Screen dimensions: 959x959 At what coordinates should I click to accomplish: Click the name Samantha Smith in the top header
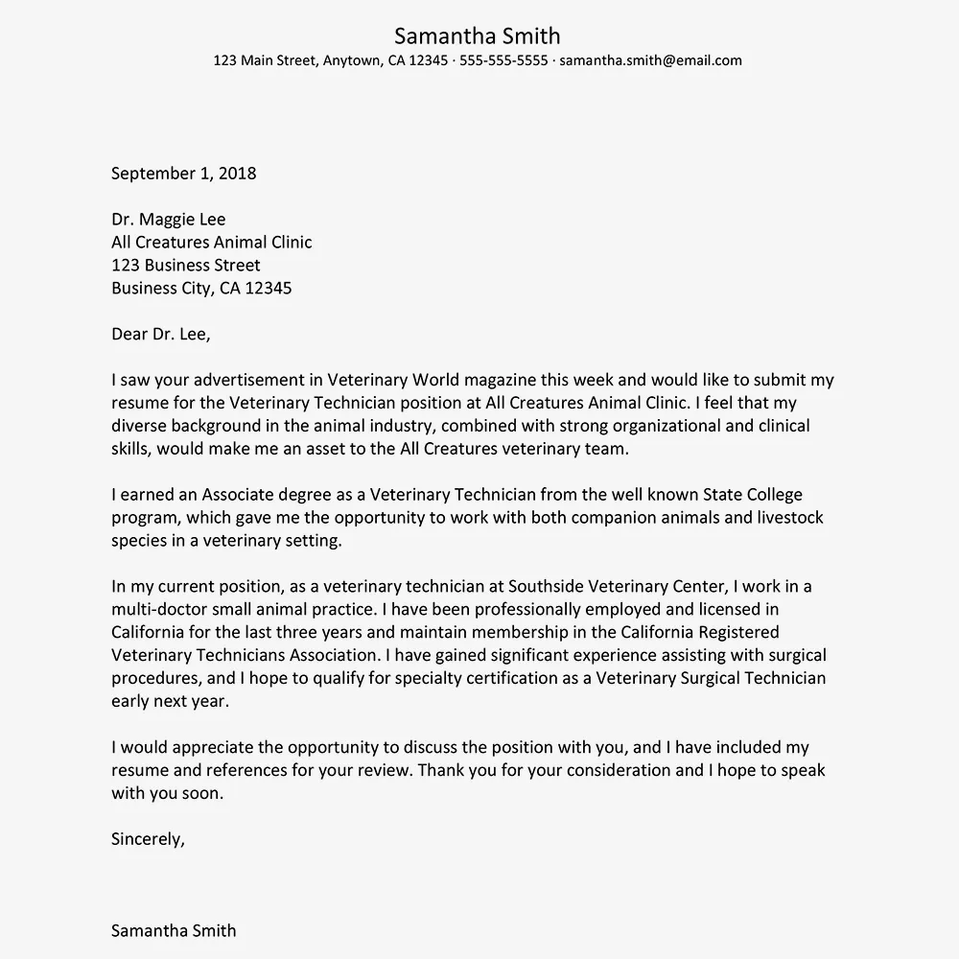[477, 36]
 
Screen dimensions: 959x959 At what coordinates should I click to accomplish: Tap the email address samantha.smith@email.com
[650, 60]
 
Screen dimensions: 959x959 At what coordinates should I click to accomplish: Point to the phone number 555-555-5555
[503, 60]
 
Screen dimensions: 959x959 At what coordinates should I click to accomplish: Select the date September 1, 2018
[184, 174]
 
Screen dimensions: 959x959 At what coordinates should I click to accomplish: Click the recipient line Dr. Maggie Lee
[169, 220]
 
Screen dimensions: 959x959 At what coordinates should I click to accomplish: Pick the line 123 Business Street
[186, 265]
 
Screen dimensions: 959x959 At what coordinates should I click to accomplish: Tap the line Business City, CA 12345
[201, 288]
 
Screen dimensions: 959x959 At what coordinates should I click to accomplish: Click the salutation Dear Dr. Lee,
[160, 334]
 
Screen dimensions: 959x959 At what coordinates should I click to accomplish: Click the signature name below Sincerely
[174, 930]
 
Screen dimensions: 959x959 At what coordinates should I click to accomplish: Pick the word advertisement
[252, 380]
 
